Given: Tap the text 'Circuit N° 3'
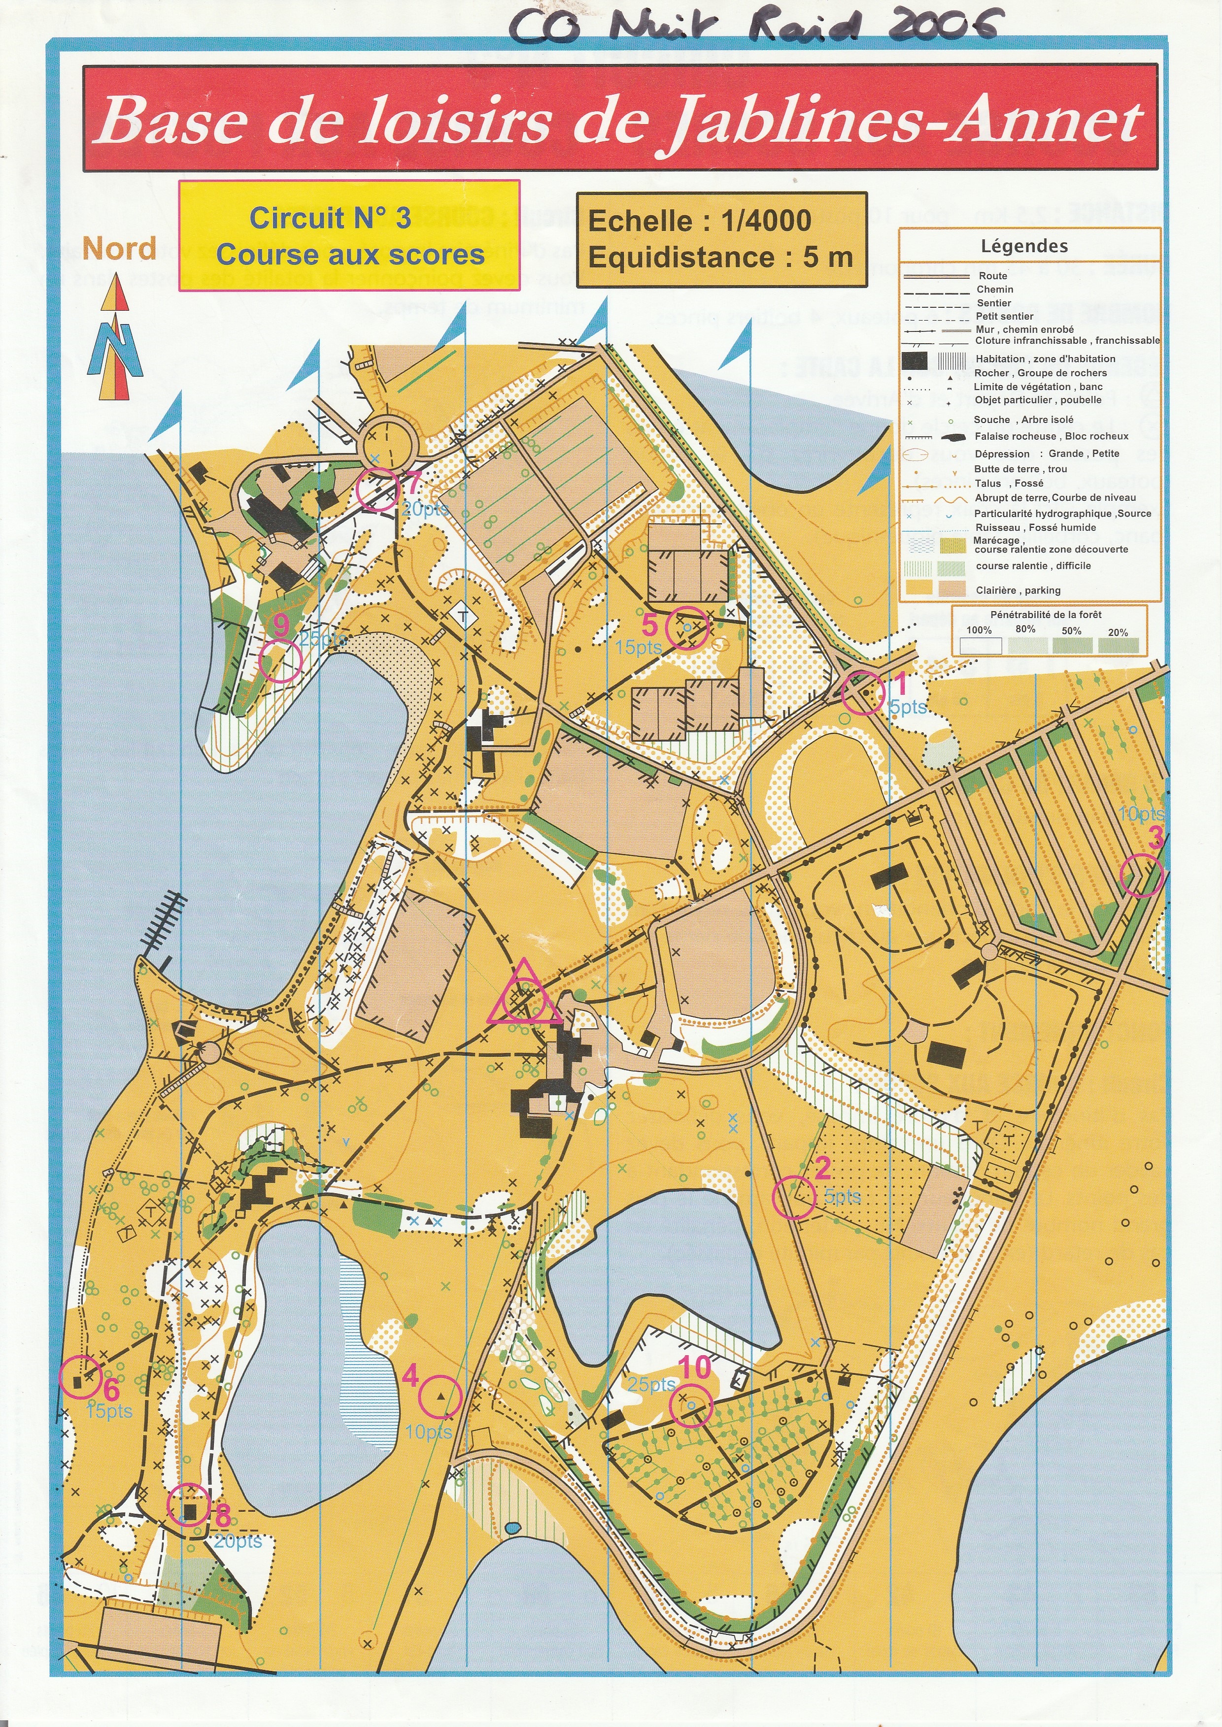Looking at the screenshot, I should point(330,218).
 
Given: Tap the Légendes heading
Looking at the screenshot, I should point(1024,246).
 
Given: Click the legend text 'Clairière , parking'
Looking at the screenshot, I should point(1018,590).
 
